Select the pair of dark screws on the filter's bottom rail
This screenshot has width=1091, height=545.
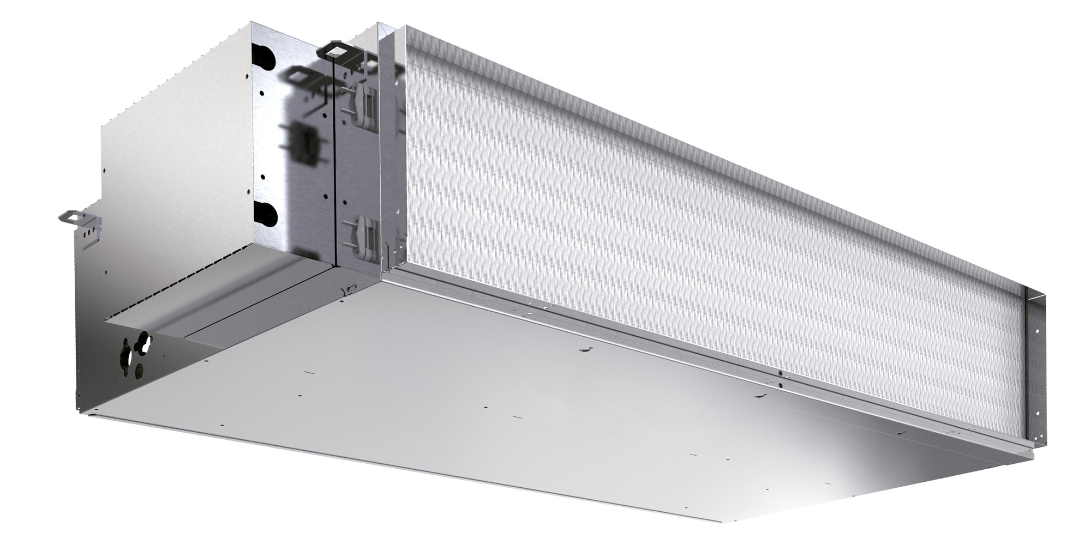pyautogui.click(x=781, y=379)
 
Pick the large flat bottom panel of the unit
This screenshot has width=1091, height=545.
pyautogui.click(x=491, y=414)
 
